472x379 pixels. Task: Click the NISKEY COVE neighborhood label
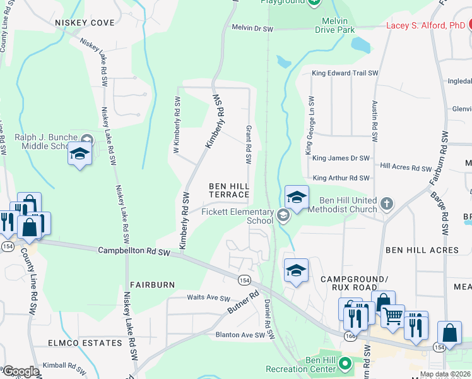[85, 23]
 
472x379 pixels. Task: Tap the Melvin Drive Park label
[335, 25]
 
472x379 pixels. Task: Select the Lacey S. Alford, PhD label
[425, 26]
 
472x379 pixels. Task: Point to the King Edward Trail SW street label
[345, 73]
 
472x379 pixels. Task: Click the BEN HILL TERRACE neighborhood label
[230, 190]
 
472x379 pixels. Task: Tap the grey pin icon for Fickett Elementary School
[283, 216]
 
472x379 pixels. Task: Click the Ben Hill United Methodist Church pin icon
[387, 205]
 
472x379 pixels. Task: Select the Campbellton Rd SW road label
[134, 251]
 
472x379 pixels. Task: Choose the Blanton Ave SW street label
[239, 335]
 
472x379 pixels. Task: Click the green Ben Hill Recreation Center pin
[345, 364]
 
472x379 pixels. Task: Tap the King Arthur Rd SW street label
[341, 178]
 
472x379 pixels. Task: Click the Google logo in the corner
[20, 371]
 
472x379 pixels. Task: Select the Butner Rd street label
[244, 303]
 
